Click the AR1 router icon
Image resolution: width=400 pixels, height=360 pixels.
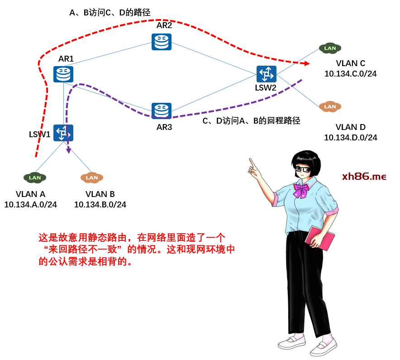63,74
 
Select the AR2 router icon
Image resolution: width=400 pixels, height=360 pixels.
162,42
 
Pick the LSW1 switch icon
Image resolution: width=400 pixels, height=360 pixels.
63,133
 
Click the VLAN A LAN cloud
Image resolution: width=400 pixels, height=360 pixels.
35,178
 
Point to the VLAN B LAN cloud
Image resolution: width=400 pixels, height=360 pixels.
92,178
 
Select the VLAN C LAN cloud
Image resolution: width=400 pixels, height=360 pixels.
330,48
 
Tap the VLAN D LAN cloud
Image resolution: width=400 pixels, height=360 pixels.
330,106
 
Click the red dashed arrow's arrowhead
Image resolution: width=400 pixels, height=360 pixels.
307,63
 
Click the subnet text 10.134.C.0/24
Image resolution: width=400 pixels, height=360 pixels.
350,74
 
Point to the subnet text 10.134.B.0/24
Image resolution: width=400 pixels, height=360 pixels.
100,205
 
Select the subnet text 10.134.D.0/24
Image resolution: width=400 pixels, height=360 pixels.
350,138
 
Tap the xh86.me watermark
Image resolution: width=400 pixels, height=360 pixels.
364,177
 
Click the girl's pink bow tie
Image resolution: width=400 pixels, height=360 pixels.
300,190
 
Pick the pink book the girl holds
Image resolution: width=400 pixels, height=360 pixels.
319,238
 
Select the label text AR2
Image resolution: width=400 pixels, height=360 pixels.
164,25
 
